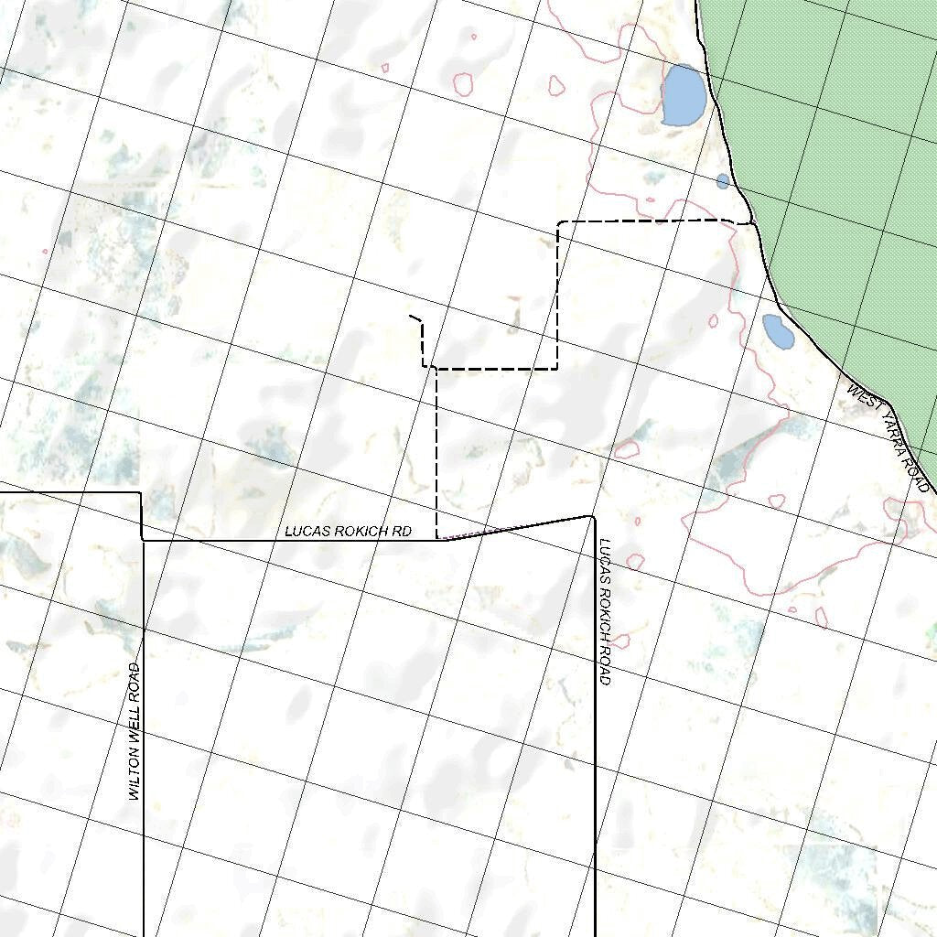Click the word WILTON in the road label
coord(134,774)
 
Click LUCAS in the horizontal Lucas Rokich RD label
coord(304,531)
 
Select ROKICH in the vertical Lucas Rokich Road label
coord(604,605)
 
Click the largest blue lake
coord(683,95)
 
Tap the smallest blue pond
coord(723,181)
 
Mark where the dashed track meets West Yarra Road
coord(752,222)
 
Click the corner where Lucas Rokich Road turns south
coord(593,517)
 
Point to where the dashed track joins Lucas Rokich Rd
coord(437,539)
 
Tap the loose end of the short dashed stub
coord(410,316)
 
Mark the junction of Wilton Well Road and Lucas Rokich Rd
coord(144,540)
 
